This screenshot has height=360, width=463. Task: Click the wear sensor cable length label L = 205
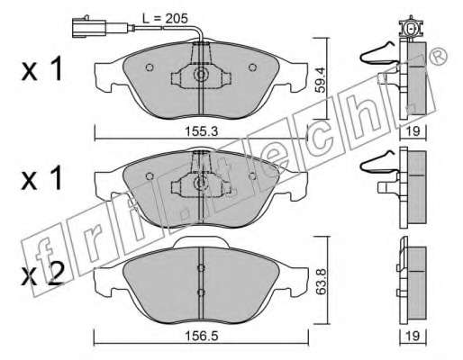point(165,19)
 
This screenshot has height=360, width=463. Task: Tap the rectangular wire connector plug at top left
point(89,28)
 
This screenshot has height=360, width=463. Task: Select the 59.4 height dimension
point(321,80)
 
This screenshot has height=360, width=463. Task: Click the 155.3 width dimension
point(201,131)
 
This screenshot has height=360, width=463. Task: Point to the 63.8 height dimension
point(322,281)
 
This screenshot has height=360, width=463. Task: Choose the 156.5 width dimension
point(201,337)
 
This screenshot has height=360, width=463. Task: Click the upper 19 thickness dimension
point(413,131)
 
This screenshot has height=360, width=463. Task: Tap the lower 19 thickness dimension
point(413,336)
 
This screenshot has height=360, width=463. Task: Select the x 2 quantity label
point(42,274)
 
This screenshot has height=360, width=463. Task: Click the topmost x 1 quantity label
point(41,69)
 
